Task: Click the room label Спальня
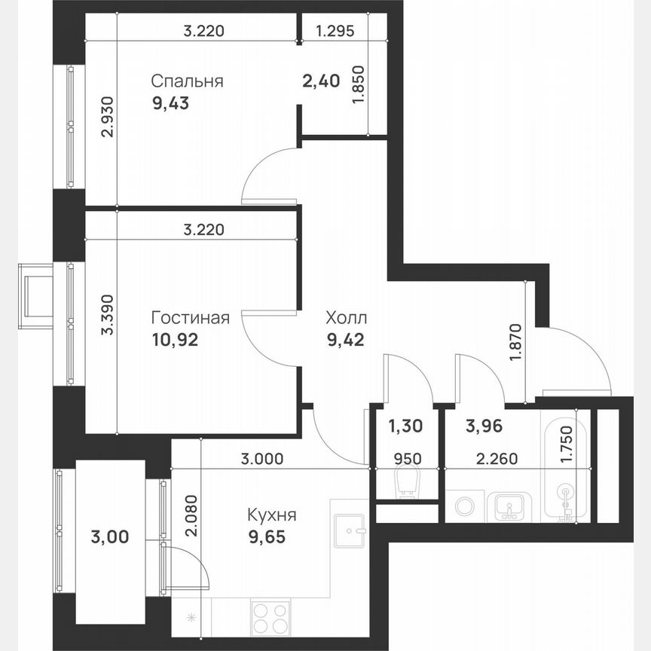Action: (186, 81)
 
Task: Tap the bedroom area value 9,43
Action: (170, 104)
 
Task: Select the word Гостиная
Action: (190, 317)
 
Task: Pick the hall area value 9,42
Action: (345, 340)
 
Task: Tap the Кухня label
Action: (271, 516)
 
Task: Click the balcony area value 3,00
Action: (109, 537)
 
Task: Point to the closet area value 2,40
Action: (322, 81)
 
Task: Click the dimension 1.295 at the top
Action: (335, 32)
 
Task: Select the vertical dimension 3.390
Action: (107, 319)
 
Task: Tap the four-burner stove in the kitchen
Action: (270, 618)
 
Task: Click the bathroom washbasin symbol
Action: (510, 506)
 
